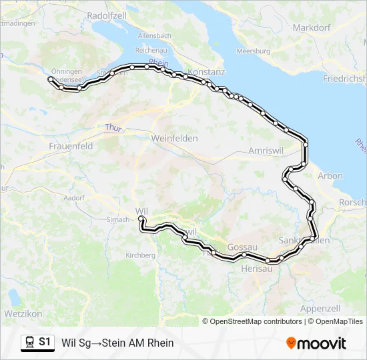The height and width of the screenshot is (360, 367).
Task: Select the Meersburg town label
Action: pyautogui.click(x=253, y=51)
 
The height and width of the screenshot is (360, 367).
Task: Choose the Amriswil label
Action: pyautogui.click(x=266, y=151)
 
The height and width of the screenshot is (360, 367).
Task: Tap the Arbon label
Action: pyautogui.click(x=331, y=176)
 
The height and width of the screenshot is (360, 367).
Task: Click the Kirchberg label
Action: pyautogui.click(x=140, y=255)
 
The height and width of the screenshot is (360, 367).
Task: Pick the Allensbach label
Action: pyautogui.click(x=155, y=35)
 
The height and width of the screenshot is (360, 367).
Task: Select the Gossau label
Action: pyautogui.click(x=242, y=247)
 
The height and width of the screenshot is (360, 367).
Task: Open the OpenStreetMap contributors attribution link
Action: pyautogui.click(x=256, y=321)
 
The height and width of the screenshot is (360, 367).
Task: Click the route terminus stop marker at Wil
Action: pyautogui.click(x=141, y=218)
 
